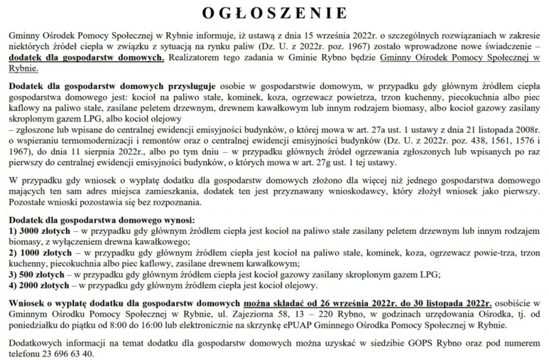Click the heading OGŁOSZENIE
[274, 12]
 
